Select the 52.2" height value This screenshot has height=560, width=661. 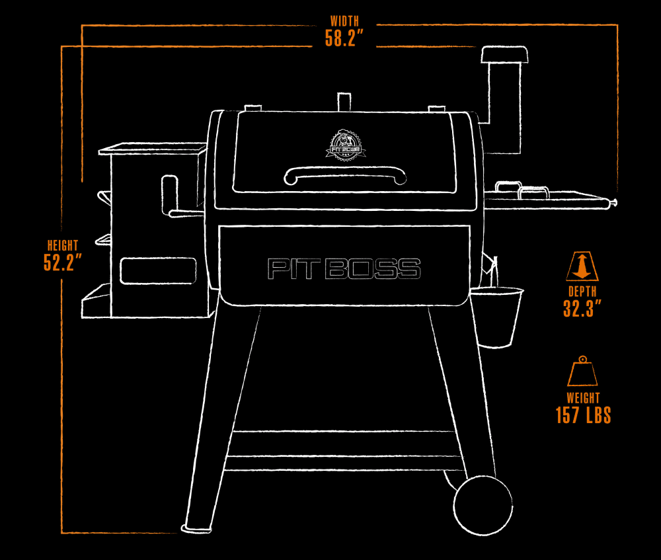(x=63, y=262)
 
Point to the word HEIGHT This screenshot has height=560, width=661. (x=62, y=245)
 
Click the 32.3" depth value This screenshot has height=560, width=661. (x=582, y=308)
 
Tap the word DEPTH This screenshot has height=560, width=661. (x=582, y=291)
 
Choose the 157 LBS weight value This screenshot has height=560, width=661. (x=583, y=416)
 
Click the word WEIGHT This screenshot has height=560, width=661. (x=583, y=398)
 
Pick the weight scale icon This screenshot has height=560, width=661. (x=582, y=372)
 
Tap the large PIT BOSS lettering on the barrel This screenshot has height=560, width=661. (x=344, y=268)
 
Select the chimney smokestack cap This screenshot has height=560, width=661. (x=504, y=56)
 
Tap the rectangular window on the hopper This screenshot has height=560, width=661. (x=158, y=271)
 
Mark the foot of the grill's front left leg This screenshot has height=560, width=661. (x=196, y=526)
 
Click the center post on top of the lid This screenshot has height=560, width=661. (x=343, y=101)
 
